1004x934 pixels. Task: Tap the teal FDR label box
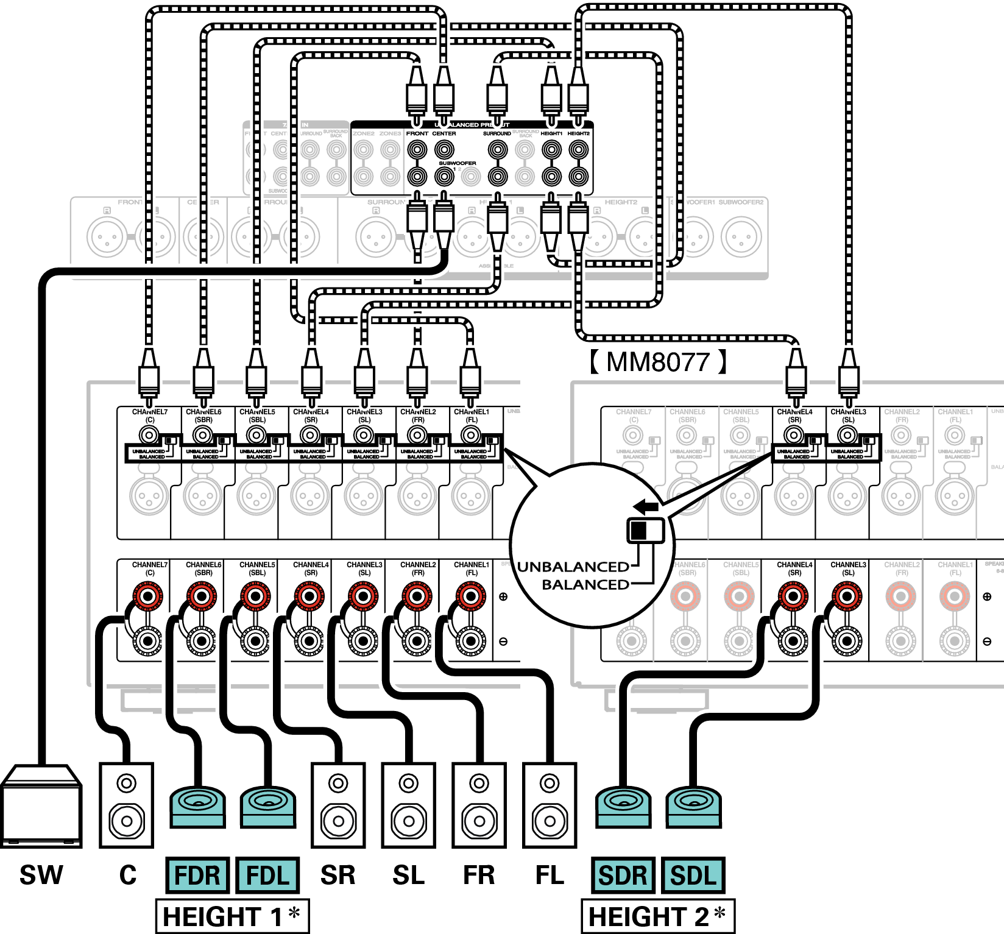click(197, 876)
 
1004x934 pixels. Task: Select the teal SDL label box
click(693, 876)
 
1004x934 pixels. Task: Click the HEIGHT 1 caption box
click(232, 916)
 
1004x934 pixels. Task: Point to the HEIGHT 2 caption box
click(658, 916)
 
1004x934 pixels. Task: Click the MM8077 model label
click(658, 362)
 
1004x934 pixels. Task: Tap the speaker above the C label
click(127, 805)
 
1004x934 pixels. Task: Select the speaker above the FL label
click(550, 805)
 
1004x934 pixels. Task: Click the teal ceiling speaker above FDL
click(268, 807)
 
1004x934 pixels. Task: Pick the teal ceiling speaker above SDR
click(623, 807)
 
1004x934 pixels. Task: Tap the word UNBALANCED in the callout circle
click(573, 567)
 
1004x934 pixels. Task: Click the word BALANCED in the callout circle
click(585, 585)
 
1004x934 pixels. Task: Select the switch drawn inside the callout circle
click(645, 530)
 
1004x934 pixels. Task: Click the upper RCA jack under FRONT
click(417, 149)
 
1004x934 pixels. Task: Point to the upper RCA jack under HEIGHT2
click(578, 149)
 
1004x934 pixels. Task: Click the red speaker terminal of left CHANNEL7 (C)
click(148, 595)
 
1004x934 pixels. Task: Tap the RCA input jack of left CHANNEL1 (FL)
click(470, 435)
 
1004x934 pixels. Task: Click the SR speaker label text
click(338, 876)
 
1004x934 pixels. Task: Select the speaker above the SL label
click(409, 805)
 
